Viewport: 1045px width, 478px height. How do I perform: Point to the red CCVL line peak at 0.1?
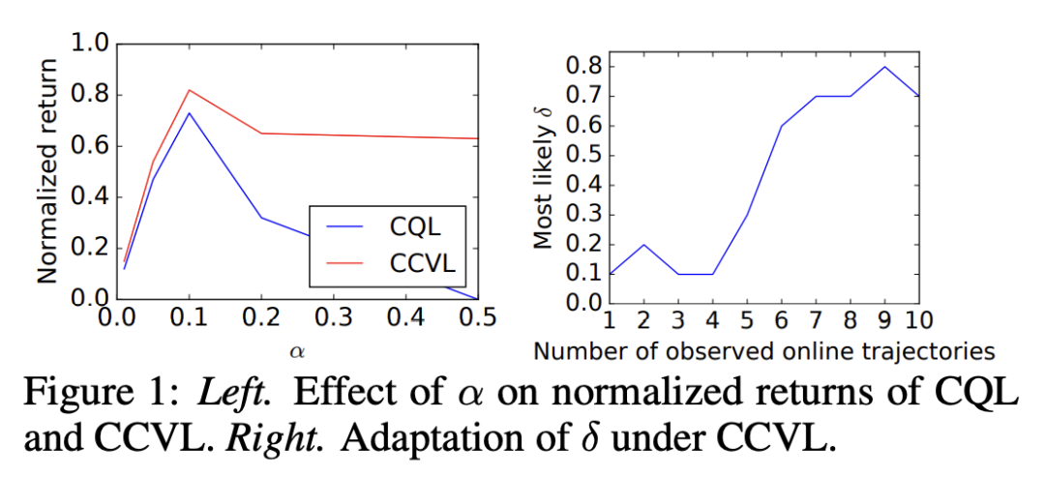click(x=190, y=90)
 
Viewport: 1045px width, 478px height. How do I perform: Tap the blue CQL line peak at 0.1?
click(x=190, y=113)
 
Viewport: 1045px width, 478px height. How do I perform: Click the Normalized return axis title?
click(x=46, y=172)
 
